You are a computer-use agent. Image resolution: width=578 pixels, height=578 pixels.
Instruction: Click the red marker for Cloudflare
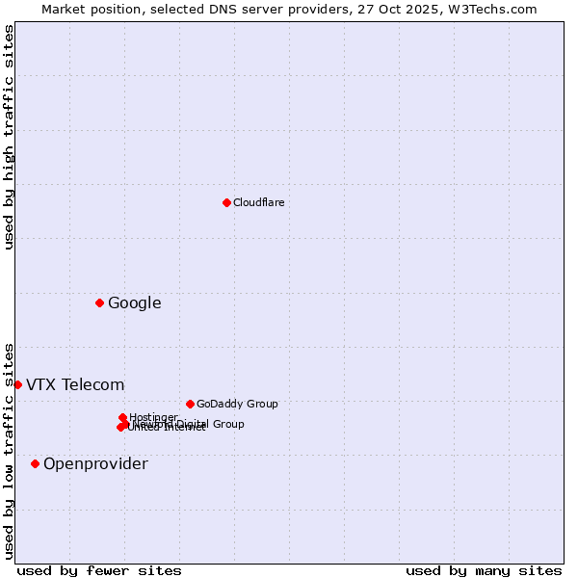pos(226,202)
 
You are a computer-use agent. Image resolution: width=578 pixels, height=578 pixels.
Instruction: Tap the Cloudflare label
pos(259,202)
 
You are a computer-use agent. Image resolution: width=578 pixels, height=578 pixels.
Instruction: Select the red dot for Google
pos(99,303)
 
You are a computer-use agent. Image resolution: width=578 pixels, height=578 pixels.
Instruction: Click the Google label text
pos(135,303)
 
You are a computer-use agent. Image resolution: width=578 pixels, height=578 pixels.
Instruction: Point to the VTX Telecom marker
pos(17,385)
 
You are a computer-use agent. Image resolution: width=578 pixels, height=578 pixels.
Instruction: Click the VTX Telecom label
pos(75,385)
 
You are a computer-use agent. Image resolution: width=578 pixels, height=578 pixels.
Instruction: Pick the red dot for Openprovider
pos(36,464)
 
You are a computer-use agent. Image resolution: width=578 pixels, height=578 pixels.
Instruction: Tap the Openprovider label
pos(96,464)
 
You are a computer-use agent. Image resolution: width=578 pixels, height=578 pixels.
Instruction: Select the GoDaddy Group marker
pos(190,405)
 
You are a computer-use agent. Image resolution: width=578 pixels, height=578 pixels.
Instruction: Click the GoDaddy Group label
pos(237,405)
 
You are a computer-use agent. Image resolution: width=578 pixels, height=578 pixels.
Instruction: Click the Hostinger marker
pos(123,417)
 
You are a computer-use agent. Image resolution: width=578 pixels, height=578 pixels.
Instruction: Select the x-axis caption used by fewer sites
pos(99,571)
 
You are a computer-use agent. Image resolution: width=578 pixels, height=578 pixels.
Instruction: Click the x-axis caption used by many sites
pos(484,571)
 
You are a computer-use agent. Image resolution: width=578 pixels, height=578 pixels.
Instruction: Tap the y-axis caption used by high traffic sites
pos(9,137)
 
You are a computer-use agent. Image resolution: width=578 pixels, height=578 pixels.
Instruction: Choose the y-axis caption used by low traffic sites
pos(9,450)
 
